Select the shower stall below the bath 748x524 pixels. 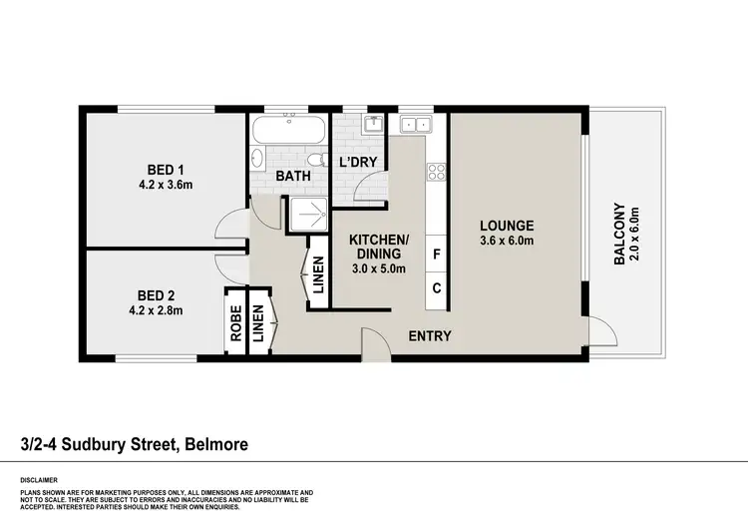click(309, 212)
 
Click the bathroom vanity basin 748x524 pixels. click(256, 159)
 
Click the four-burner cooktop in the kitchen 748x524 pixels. click(436, 172)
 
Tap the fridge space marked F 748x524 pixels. click(437, 255)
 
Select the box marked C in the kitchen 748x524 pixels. click(437, 288)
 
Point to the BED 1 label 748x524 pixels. click(166, 168)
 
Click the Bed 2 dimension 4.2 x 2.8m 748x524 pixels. click(166, 310)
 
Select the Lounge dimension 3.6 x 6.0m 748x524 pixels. click(506, 241)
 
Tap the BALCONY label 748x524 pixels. click(619, 235)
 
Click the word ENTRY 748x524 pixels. click(431, 336)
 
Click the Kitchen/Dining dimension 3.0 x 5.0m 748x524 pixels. click(378, 268)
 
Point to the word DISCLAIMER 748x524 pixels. click(39, 479)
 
